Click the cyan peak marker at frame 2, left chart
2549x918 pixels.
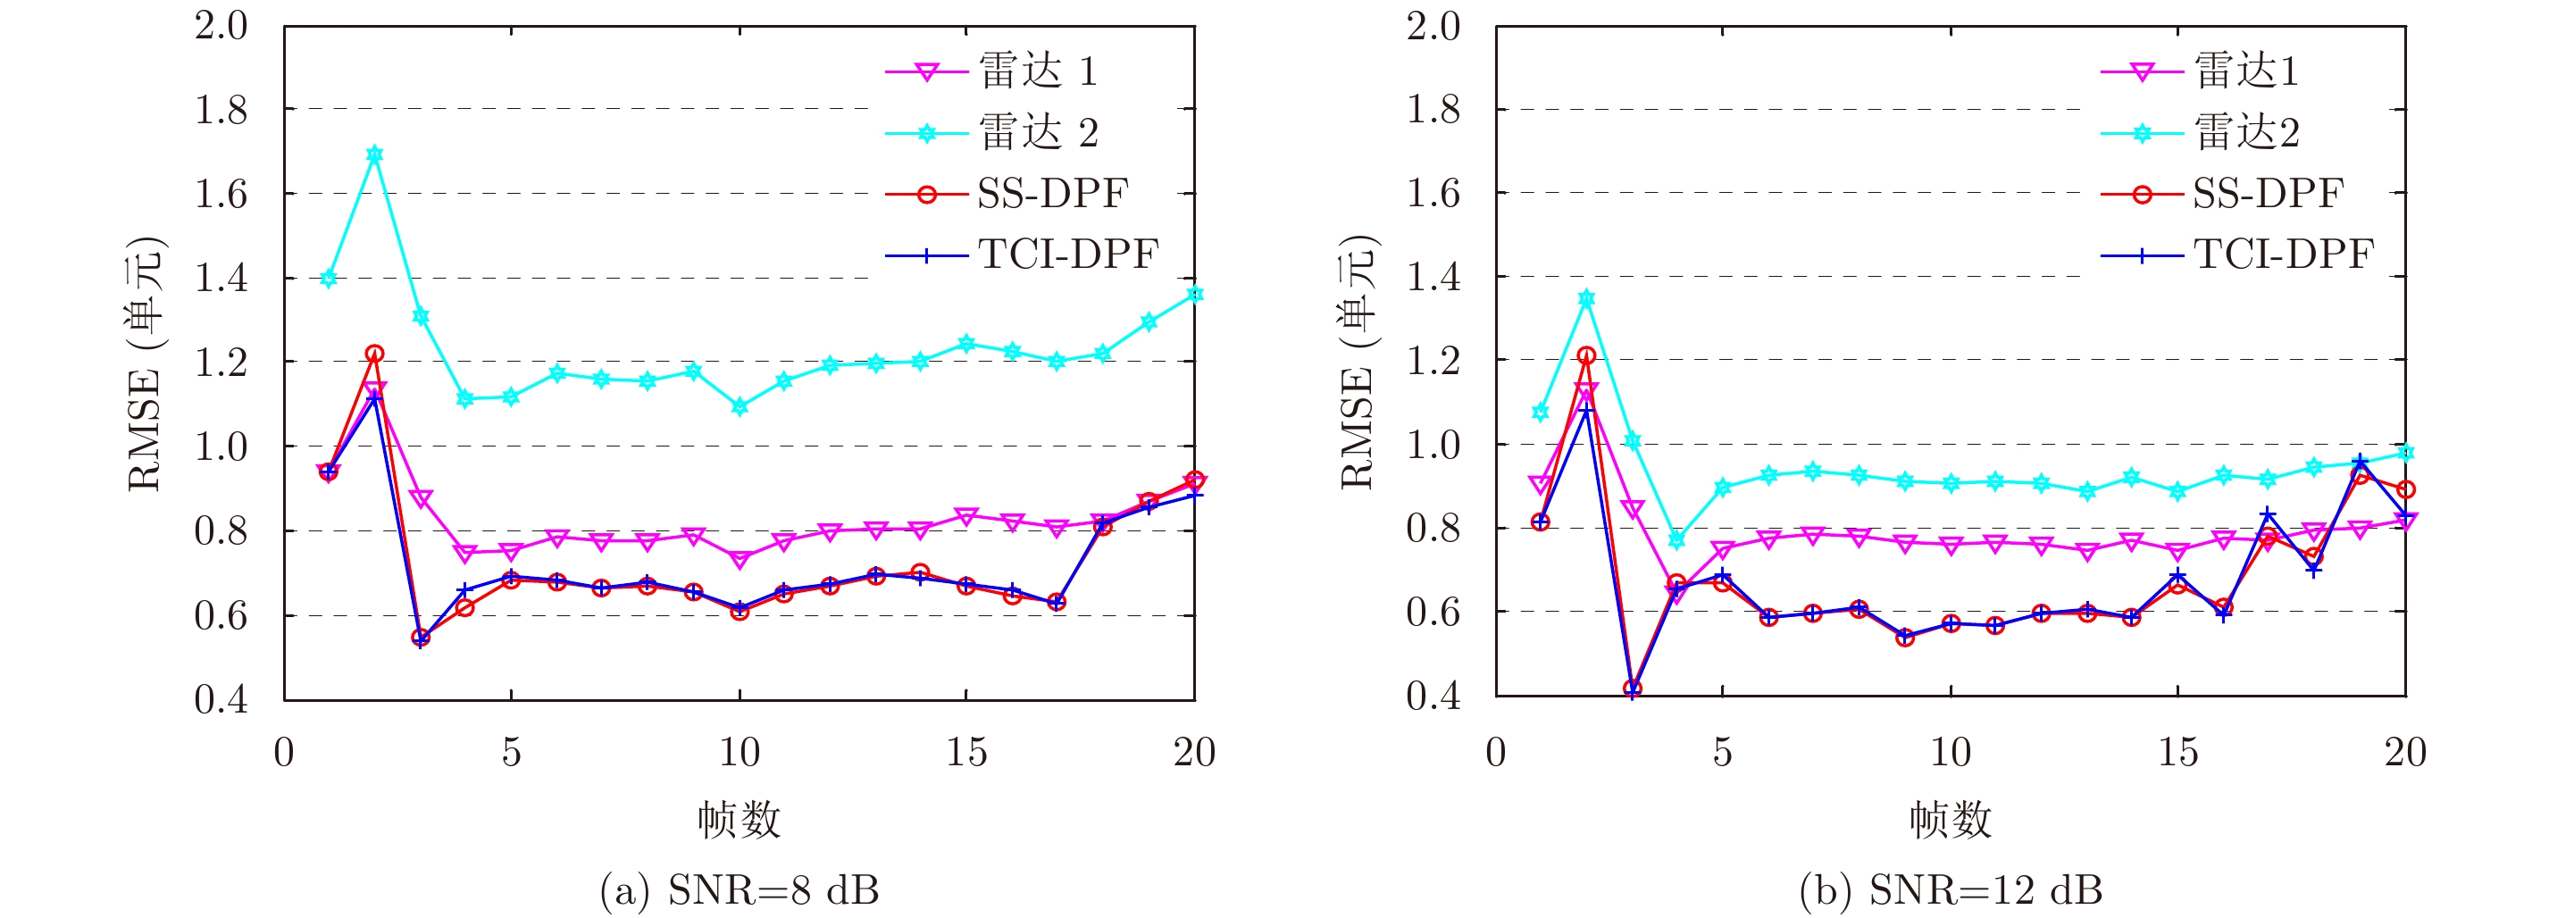[374, 154]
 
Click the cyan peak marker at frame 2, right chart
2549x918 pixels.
[1586, 297]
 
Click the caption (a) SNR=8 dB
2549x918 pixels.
[740, 890]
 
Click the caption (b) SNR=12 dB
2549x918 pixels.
[1951, 890]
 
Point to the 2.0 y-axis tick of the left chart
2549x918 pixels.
[221, 26]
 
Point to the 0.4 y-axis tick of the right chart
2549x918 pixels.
[1433, 697]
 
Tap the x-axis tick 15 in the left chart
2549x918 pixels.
[965, 753]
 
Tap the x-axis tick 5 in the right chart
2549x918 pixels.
[1723, 753]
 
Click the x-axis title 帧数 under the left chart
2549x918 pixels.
[740, 820]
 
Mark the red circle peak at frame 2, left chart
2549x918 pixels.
[374, 353]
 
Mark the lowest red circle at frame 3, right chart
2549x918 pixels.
[1633, 688]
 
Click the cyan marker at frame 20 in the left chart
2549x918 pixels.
[1194, 294]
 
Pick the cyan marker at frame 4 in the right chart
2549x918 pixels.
[1677, 540]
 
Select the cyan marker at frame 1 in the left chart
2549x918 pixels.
[329, 278]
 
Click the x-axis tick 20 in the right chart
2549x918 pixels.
[2404, 753]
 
